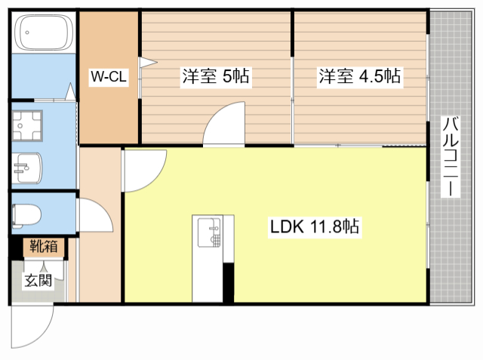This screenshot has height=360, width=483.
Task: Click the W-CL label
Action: [108, 77]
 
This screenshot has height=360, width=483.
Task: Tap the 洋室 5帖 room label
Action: [215, 76]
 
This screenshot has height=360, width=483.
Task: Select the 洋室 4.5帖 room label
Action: [359, 76]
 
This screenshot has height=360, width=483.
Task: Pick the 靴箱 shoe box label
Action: [42, 246]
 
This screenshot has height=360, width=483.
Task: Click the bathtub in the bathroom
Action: [43, 35]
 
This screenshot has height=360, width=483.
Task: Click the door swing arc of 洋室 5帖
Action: [224, 123]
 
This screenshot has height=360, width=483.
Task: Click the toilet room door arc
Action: [95, 215]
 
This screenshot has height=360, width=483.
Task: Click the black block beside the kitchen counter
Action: [229, 282]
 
